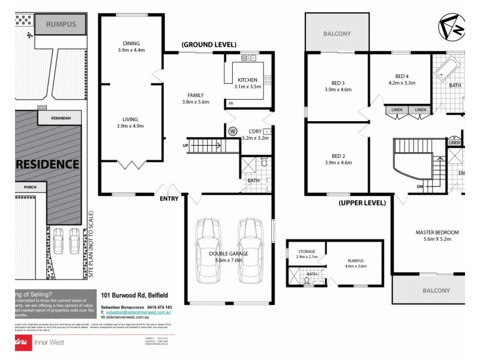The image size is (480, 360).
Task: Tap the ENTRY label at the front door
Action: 169,199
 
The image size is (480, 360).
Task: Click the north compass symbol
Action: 451,28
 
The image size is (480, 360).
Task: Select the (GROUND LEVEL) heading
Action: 209,44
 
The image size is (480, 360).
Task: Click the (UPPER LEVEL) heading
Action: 362,203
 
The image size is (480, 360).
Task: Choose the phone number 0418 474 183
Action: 155,307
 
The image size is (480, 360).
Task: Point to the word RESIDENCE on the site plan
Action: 47,164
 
